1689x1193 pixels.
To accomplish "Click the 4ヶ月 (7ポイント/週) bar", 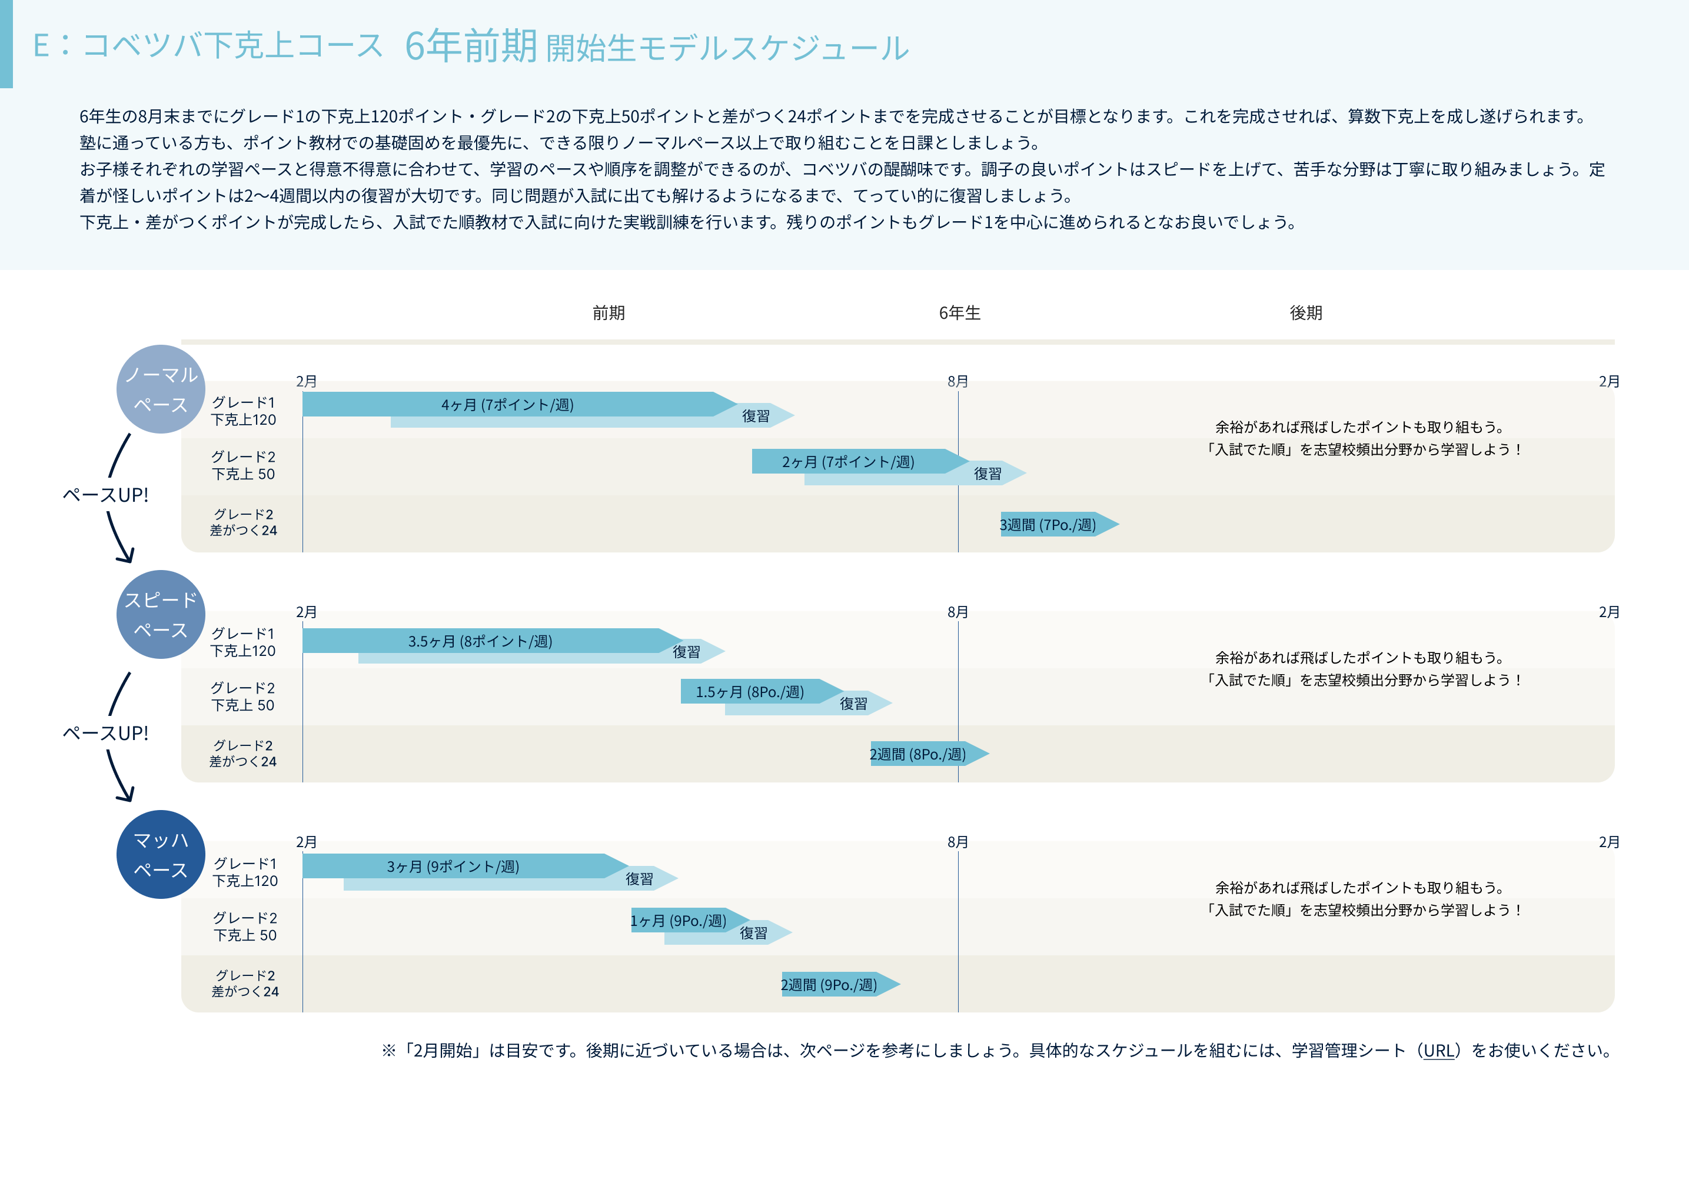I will tap(507, 405).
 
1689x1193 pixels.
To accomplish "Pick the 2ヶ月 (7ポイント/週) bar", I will tap(848, 462).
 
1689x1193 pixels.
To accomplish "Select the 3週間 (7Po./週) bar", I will tap(1049, 524).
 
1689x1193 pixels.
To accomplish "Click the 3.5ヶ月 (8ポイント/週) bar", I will tap(480, 641).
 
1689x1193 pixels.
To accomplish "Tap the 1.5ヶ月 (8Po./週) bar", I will tap(750, 691).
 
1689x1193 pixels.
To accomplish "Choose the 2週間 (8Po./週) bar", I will tap(919, 754).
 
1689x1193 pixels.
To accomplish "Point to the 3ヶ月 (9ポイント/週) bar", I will tap(453, 866).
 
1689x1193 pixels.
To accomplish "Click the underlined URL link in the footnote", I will tap(1439, 1050).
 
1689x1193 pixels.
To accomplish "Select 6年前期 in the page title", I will tap(471, 46).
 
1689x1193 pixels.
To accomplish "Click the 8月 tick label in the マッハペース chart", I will tap(957, 842).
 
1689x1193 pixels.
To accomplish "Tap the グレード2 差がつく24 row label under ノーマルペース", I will tap(244, 522).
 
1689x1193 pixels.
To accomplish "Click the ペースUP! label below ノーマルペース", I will tap(105, 495).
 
